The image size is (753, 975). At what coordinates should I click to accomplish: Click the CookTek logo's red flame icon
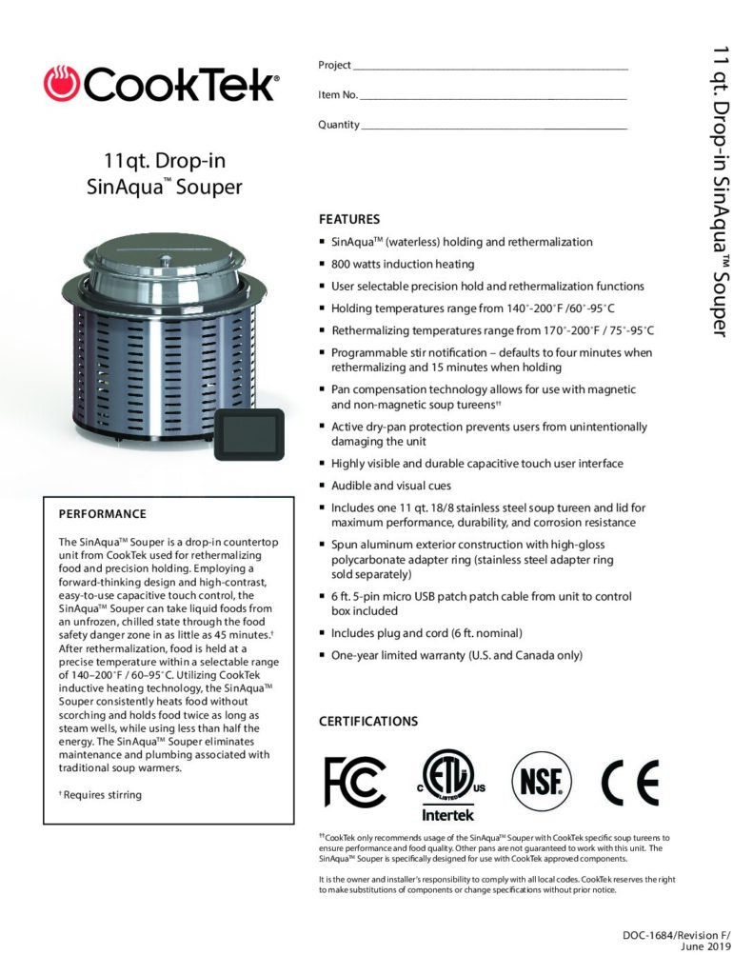pyautogui.click(x=62, y=85)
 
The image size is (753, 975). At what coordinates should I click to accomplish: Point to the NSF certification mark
pyautogui.click(x=543, y=780)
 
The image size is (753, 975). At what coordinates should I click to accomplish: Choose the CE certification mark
pyautogui.click(x=629, y=782)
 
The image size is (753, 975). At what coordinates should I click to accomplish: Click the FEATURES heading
pyautogui.click(x=349, y=218)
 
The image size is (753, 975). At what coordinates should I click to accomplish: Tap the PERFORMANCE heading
pyautogui.click(x=103, y=513)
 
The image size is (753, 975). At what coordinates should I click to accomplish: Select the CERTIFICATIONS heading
pyautogui.click(x=367, y=721)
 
